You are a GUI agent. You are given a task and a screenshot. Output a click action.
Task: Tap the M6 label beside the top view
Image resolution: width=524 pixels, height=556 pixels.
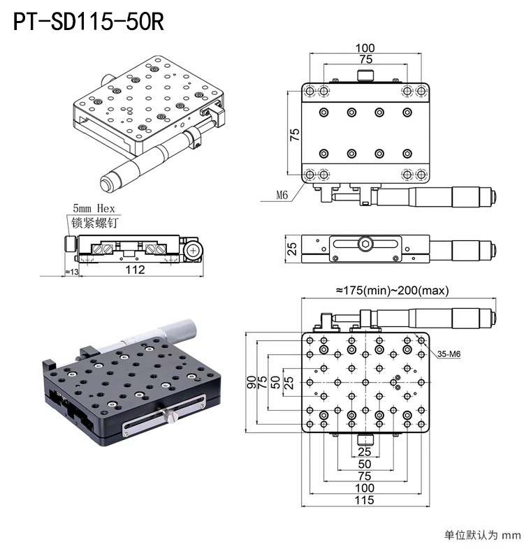282,196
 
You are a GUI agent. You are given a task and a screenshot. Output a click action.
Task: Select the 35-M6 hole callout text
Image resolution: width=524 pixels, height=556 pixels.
449,355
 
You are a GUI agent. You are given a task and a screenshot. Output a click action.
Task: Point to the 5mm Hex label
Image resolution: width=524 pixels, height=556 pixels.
94,208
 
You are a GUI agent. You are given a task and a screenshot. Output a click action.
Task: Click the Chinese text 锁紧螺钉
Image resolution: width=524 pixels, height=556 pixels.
94,224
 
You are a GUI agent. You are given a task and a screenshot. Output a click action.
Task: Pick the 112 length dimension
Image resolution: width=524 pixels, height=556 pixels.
136,270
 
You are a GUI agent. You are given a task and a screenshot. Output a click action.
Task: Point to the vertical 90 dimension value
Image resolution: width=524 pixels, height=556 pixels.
251,381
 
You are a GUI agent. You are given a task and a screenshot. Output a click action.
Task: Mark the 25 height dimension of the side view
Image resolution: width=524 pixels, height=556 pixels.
292,248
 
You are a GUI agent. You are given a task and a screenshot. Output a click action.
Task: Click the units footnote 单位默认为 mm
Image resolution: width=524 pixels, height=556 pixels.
483,536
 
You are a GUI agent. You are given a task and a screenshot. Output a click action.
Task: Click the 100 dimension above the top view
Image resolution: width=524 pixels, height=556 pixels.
365,48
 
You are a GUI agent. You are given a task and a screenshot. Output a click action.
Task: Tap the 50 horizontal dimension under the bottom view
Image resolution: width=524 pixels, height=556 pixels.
365,464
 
